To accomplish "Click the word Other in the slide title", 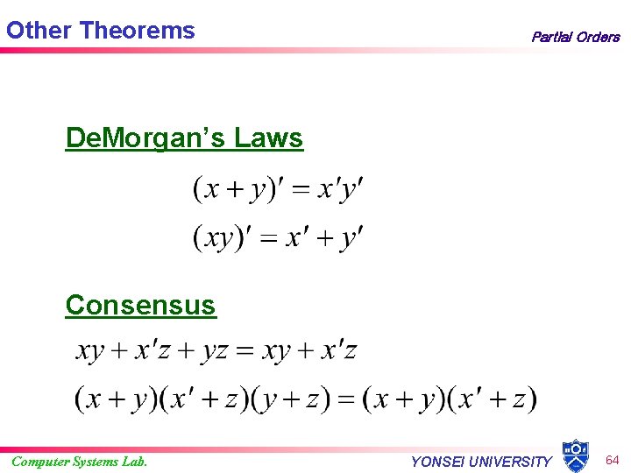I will click(x=39, y=31).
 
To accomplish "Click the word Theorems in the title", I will click(x=137, y=31).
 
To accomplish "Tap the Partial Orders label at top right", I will click(x=575, y=37).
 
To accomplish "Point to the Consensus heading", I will click(x=140, y=305).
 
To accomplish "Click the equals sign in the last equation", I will click(x=347, y=399).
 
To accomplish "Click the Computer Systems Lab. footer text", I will click(x=79, y=462).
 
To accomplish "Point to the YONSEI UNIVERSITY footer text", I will click(x=481, y=462).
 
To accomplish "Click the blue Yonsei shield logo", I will click(x=575, y=456).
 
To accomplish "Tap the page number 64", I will click(x=613, y=460).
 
